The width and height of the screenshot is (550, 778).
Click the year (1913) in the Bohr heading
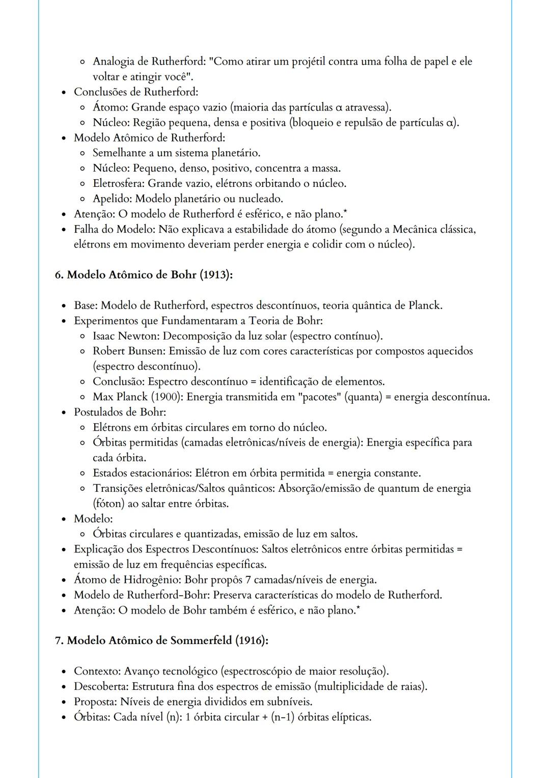pyautogui.click(x=215, y=275)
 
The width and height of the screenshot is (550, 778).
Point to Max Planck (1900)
pyautogui.click(x=137, y=397)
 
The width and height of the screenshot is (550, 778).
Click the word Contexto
pyautogui.click(x=97, y=671)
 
